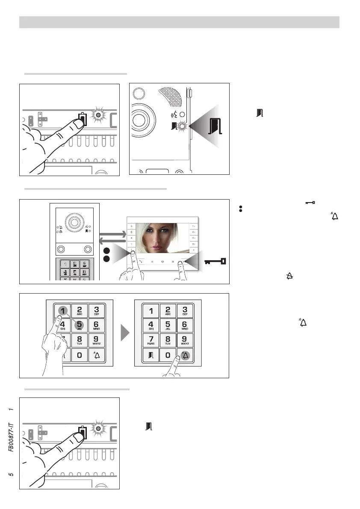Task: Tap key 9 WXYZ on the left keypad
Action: (x=97, y=341)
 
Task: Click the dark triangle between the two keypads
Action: (x=124, y=332)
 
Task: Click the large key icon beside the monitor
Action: (x=215, y=261)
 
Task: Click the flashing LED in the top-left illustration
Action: (x=98, y=115)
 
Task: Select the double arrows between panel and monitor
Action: (x=112, y=237)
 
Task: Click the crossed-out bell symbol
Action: (x=289, y=277)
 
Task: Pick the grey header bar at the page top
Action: (x=179, y=22)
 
